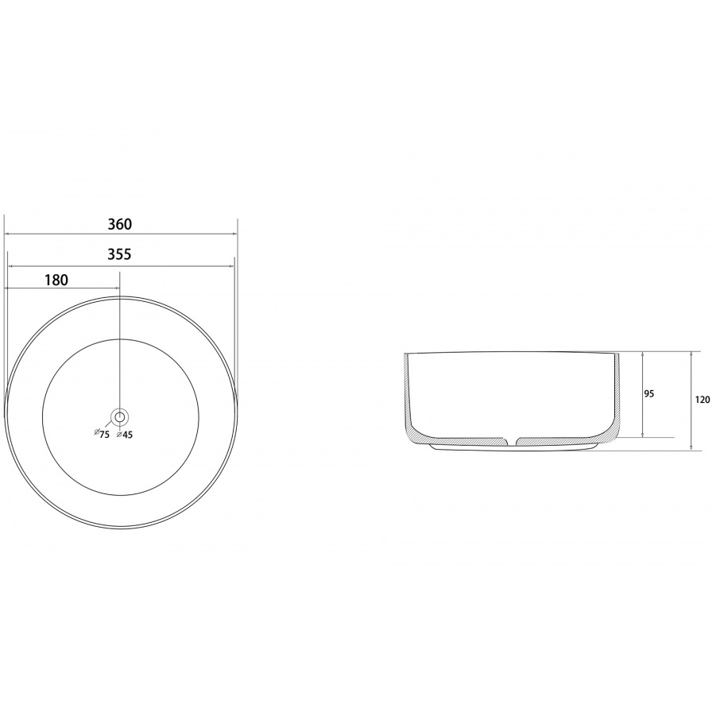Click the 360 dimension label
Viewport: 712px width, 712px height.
click(120, 224)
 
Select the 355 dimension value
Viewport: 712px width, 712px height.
click(119, 254)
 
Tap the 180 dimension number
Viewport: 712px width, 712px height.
click(56, 281)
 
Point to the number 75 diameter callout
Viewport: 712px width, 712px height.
click(104, 434)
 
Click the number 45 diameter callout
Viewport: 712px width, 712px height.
click(127, 435)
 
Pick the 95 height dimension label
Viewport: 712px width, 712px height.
click(649, 393)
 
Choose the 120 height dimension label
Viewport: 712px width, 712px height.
click(702, 400)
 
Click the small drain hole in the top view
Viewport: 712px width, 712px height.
click(120, 416)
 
